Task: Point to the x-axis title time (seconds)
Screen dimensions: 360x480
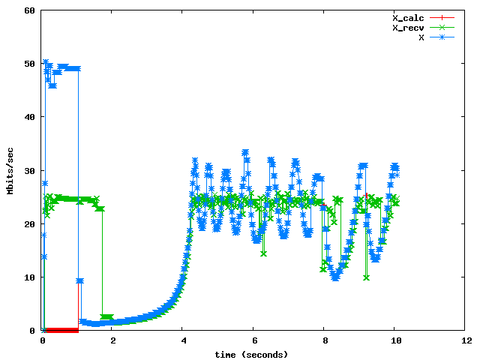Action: [x=251, y=354]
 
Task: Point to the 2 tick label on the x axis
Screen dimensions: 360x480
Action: [x=113, y=340]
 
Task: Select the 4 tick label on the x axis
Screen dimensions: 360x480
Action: [x=184, y=340]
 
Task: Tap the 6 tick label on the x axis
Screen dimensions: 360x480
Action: [x=254, y=340]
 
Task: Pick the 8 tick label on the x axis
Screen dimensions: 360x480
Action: [x=325, y=340]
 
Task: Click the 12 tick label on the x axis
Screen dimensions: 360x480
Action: [x=466, y=340]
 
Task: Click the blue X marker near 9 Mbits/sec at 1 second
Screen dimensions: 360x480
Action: [x=79, y=280]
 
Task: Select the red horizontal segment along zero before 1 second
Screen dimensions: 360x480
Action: [x=60, y=330]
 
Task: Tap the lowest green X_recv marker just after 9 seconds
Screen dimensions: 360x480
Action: [x=366, y=277]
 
